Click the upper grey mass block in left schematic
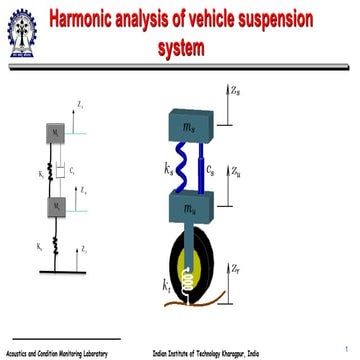click(58, 132)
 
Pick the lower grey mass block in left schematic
click(58, 208)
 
